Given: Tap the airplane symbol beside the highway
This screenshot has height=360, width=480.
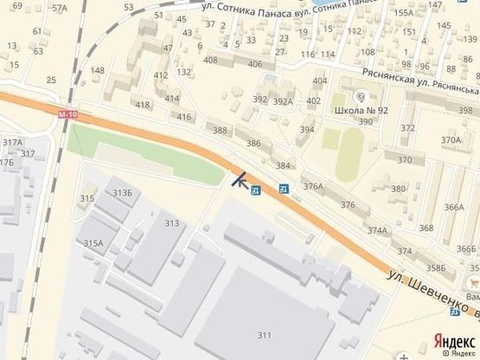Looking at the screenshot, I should [240, 180].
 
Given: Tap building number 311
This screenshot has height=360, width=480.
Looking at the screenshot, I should [265, 335].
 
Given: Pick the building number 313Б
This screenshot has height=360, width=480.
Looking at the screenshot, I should [122, 192].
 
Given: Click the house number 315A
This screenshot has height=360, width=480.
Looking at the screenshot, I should [93, 244].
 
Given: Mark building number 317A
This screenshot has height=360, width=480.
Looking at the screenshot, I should [12, 142].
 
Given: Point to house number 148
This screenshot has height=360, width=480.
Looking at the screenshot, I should [98, 70].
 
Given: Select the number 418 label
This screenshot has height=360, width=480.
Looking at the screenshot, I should [143, 105].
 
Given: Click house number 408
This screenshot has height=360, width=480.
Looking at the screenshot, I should [210, 60].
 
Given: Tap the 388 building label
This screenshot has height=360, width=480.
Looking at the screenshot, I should [220, 131].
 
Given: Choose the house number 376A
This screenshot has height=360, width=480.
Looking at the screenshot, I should [313, 185].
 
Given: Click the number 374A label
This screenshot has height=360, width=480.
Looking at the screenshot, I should [377, 230].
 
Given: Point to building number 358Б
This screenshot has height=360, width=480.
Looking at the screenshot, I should [435, 268].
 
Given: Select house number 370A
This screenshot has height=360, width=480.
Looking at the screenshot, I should [451, 139].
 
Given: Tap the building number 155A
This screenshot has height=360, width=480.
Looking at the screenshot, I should [403, 12].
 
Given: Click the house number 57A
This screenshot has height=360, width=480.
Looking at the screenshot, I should [59, 8].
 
